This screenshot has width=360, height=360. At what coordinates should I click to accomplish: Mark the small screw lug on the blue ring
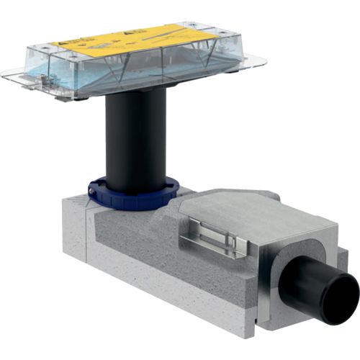[94, 189]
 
